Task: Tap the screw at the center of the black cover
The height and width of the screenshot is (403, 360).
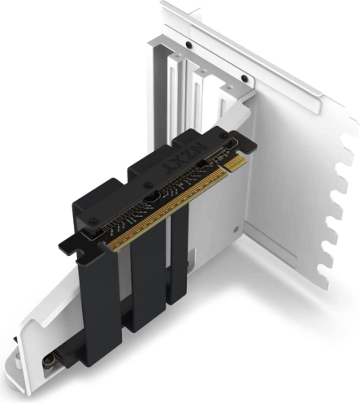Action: [x=148, y=185]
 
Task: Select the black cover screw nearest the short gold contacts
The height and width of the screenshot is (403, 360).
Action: [x=223, y=136]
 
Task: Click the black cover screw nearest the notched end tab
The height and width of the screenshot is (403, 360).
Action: [x=93, y=221]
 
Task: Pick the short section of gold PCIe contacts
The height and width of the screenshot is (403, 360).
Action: [x=236, y=163]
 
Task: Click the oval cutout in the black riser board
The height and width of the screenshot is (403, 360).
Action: [x=153, y=197]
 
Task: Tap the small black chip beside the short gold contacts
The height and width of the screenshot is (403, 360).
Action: [x=202, y=163]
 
